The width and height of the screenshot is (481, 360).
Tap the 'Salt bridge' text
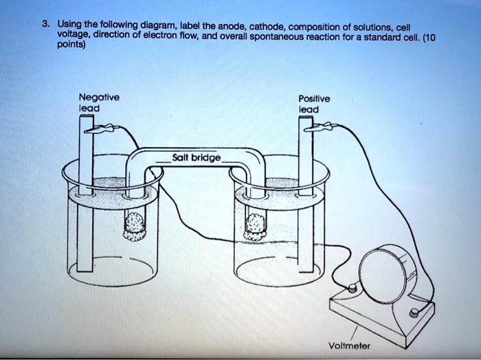(x=197, y=157)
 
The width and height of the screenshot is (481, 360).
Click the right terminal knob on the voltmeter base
(x=414, y=313)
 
